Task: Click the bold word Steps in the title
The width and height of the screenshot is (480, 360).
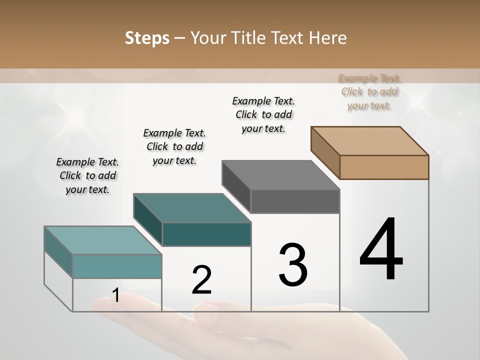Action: pos(147,38)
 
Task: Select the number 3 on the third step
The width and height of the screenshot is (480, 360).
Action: pos(293,264)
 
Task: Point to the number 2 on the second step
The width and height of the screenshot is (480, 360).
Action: pos(201,280)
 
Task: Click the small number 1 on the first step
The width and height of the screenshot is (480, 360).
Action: pos(115,295)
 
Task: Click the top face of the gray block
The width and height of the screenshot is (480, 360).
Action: pos(281,175)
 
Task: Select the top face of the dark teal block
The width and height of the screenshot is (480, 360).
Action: pos(192,208)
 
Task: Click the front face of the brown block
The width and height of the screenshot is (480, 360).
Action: pos(384,167)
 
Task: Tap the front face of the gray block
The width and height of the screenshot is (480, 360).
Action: pos(295,201)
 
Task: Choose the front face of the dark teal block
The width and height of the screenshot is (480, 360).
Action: pos(206,234)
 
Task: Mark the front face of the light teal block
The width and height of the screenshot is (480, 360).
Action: pos(117,266)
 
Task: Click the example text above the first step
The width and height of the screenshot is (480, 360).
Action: pos(87,175)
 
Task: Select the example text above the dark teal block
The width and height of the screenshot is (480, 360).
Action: pos(174,146)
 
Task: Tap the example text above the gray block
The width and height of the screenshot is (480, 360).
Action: pos(263,114)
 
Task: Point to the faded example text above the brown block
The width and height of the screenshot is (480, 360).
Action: pos(369,91)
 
